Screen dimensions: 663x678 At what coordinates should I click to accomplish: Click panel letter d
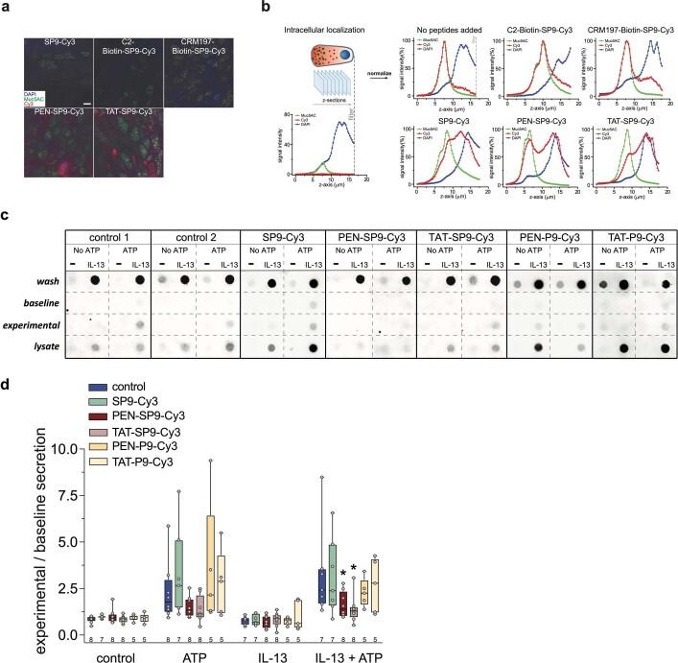[x=8, y=382]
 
